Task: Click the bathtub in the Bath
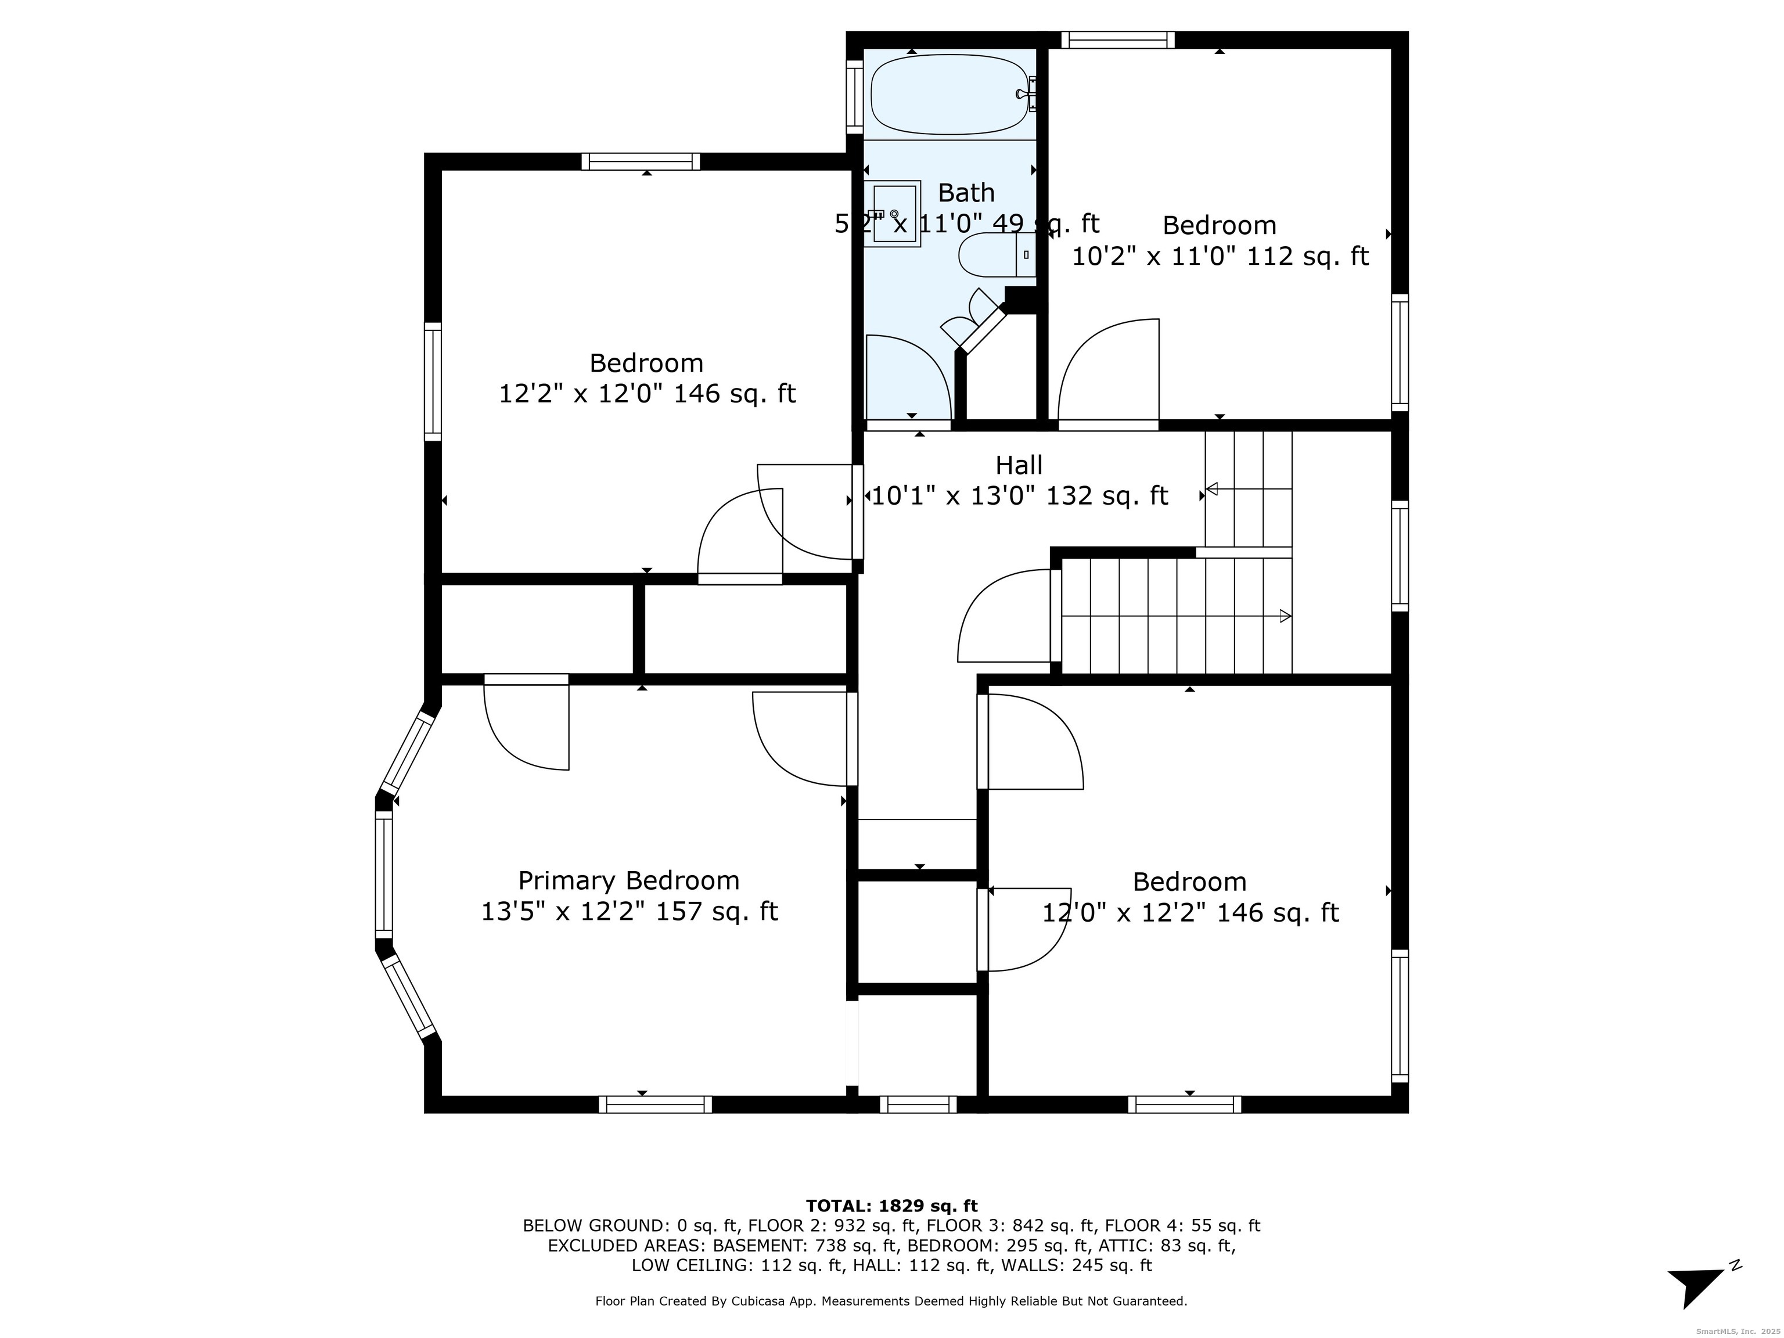[x=952, y=94]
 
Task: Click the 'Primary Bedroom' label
[x=628, y=880]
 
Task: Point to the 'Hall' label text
[x=1019, y=465]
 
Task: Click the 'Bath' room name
[x=966, y=193]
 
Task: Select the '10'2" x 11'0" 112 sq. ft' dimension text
[x=1220, y=257]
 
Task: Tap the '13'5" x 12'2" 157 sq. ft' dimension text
[x=629, y=911]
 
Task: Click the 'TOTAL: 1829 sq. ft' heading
[x=891, y=1206]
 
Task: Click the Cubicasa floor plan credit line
[x=891, y=1301]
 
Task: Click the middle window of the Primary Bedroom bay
[x=384, y=875]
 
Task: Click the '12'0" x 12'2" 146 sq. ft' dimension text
[x=1190, y=913]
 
